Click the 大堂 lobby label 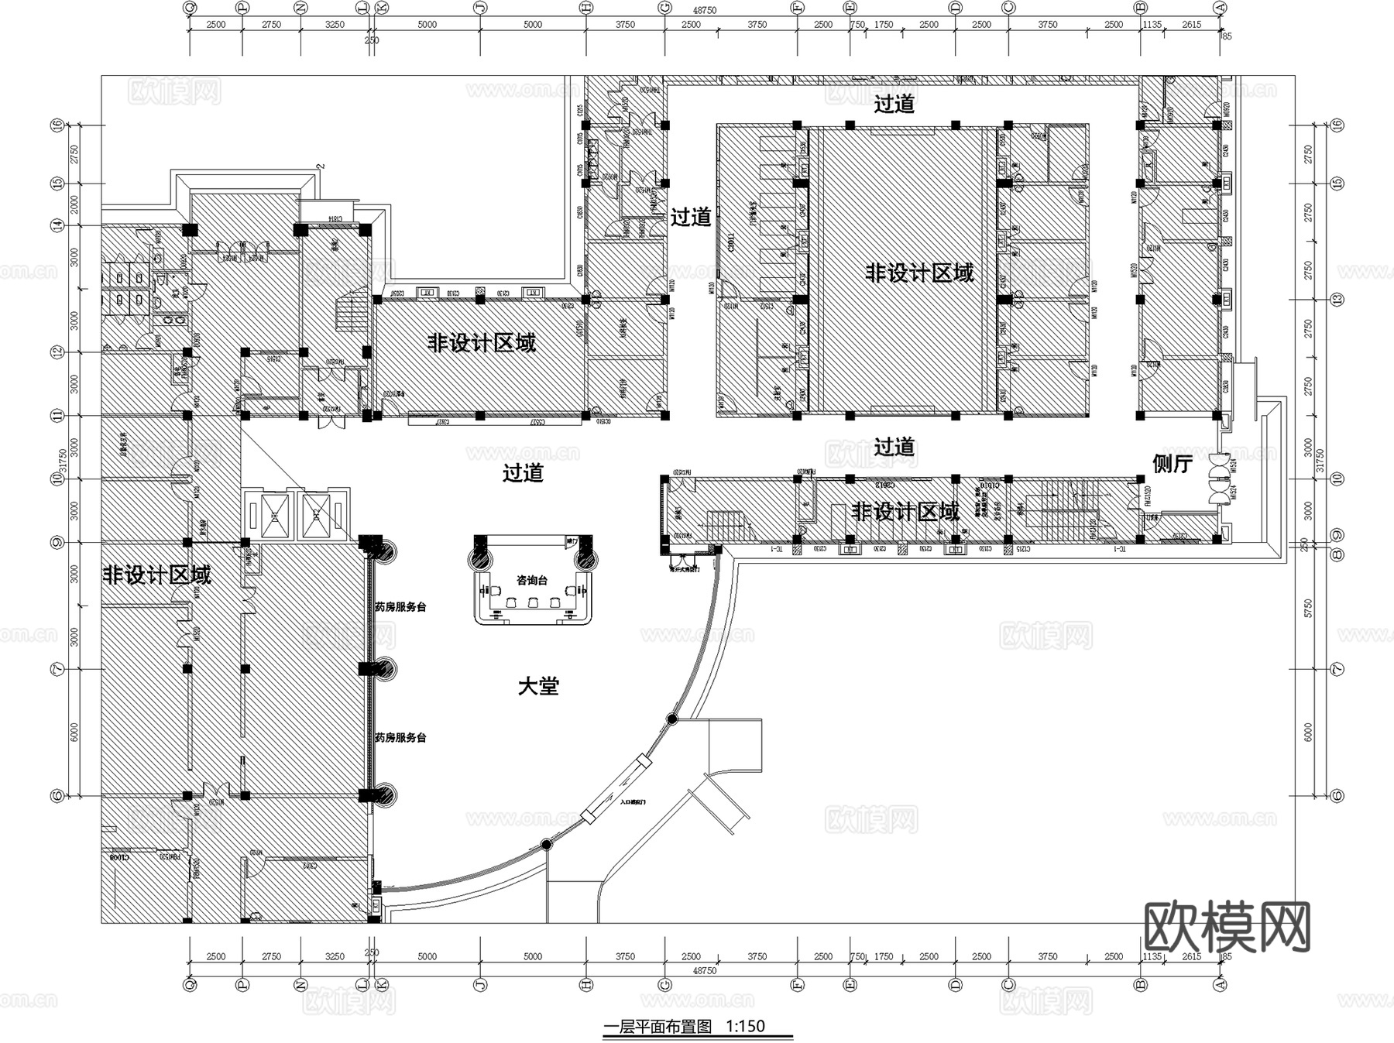(x=538, y=686)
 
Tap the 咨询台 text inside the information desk (x=532, y=580)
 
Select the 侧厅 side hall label (x=1173, y=463)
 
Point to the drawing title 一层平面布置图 (x=658, y=1027)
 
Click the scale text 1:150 (x=745, y=1027)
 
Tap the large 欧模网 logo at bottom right (x=1227, y=927)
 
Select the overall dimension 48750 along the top (x=704, y=11)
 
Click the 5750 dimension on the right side (x=1309, y=609)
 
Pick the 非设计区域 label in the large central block (x=919, y=273)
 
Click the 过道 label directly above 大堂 (x=523, y=472)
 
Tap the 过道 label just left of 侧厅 (x=894, y=447)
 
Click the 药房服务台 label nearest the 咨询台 (x=400, y=607)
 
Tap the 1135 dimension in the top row (x=1152, y=25)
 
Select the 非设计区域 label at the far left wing (x=157, y=575)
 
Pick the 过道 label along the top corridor (x=894, y=104)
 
